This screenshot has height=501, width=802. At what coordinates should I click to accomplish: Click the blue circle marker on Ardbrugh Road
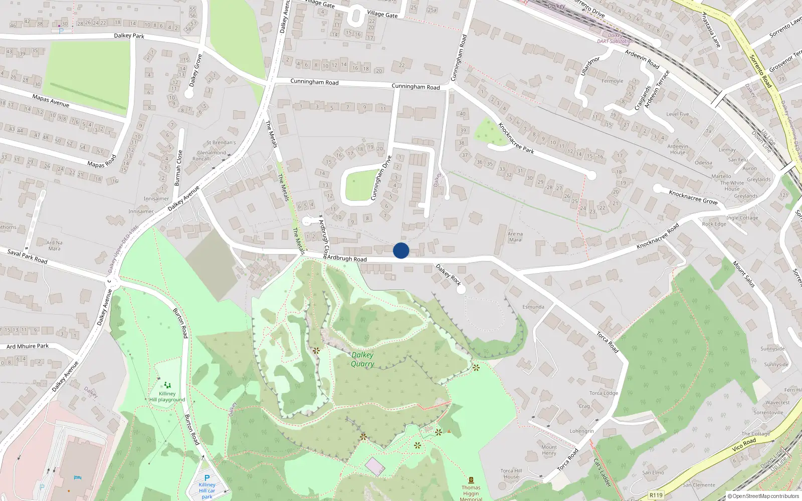tap(401, 250)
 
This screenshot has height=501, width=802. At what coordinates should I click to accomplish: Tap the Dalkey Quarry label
tap(362, 359)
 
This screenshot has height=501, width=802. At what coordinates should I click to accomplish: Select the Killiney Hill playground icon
tap(167, 385)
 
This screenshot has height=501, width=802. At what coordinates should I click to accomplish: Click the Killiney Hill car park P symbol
tap(207, 478)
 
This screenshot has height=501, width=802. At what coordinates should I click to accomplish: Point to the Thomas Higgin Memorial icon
tap(471, 480)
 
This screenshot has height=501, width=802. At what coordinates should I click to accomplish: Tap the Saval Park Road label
tap(27, 256)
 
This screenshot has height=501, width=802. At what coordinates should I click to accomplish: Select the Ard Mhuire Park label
tap(28, 346)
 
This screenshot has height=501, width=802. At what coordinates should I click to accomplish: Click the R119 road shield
tap(656, 495)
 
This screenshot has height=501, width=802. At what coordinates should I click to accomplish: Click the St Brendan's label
tap(221, 143)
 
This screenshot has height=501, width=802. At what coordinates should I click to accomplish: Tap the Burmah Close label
tap(178, 168)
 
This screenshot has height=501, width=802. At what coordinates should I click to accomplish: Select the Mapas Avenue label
tap(51, 100)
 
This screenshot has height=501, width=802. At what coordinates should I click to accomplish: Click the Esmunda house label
tap(533, 307)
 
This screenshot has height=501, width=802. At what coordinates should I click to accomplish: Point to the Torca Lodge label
tap(604, 393)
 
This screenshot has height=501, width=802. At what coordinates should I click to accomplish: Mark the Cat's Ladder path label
tap(602, 472)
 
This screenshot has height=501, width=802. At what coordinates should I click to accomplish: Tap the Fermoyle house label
tap(612, 81)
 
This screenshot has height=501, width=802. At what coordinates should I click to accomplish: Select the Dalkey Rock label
tap(448, 275)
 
